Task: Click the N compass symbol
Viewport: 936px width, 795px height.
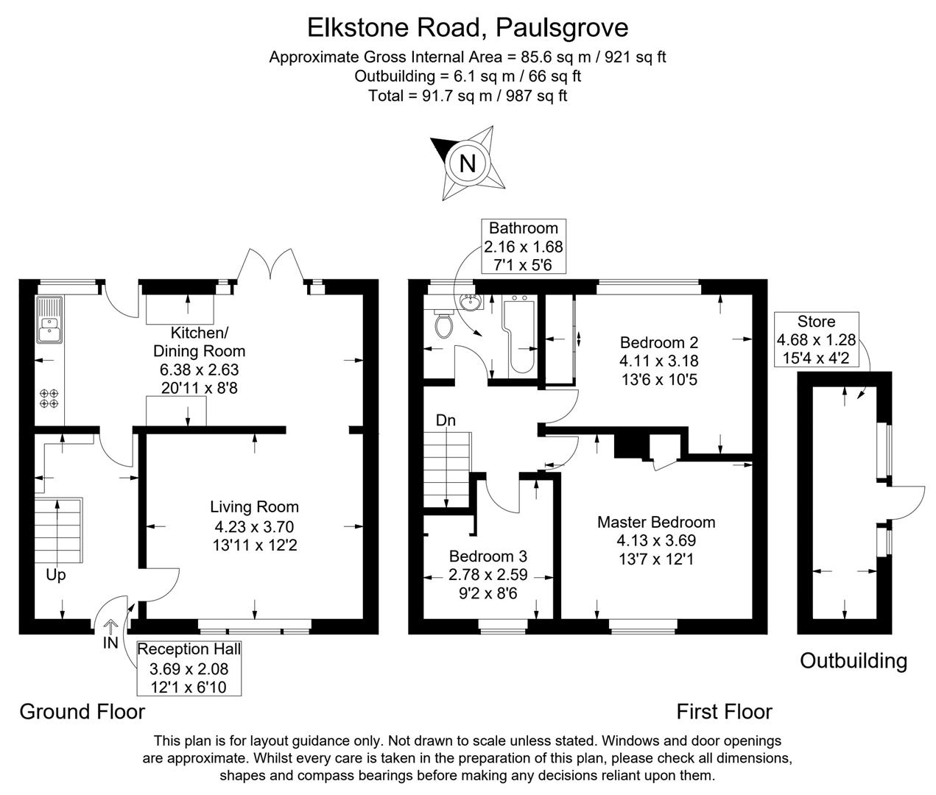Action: click(x=467, y=163)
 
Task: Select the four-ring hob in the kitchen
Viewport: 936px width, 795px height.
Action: click(x=49, y=398)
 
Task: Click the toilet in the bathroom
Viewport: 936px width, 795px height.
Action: click(x=443, y=325)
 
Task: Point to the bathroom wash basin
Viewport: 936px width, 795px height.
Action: click(x=468, y=302)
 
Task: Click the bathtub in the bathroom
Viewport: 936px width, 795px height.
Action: click(x=520, y=335)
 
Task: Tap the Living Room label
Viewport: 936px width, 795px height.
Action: click(x=254, y=506)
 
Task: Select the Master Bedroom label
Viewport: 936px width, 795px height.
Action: click(x=655, y=522)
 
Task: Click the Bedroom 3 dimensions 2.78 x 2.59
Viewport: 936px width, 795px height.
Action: click(x=488, y=574)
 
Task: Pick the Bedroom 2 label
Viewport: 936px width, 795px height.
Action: click(x=658, y=342)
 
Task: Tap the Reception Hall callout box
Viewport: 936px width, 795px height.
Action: click(x=189, y=668)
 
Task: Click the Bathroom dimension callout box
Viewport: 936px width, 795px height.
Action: click(x=523, y=247)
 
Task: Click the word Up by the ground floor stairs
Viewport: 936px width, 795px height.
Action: click(x=56, y=575)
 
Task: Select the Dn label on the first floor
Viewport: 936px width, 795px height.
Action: click(x=446, y=420)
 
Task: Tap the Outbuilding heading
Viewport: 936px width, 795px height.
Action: click(x=853, y=660)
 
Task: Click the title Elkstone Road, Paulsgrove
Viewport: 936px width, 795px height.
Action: click(x=468, y=27)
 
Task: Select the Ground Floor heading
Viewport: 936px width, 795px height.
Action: click(x=82, y=712)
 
